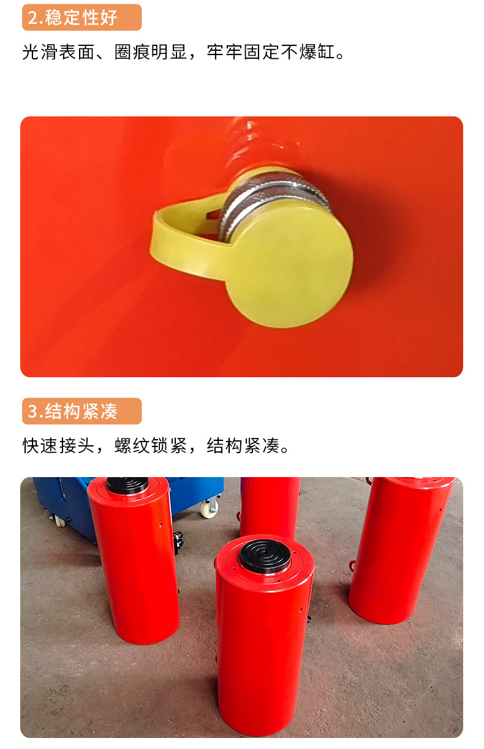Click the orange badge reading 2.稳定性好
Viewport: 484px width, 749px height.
tap(81, 17)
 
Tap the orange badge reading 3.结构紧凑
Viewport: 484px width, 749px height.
tap(81, 411)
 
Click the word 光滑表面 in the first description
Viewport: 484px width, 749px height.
tap(58, 52)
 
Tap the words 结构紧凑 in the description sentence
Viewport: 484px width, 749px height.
tap(243, 446)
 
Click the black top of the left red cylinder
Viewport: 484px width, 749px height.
tap(127, 485)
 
